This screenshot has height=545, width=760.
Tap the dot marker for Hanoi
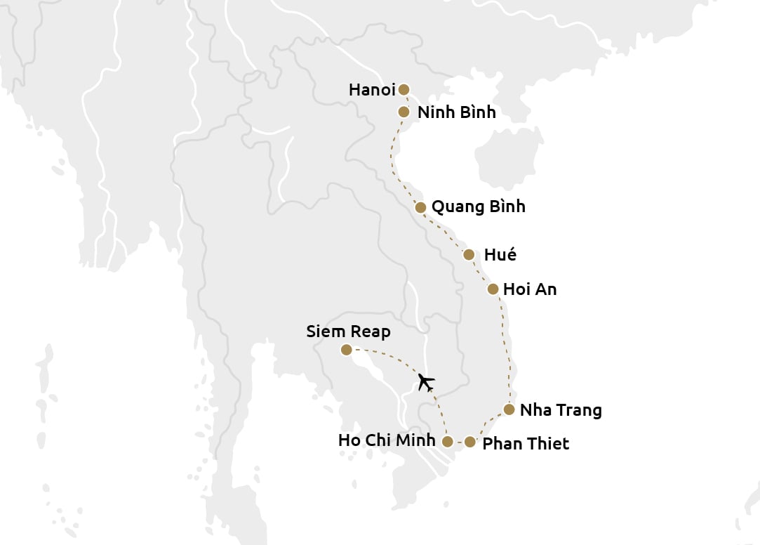click(x=404, y=89)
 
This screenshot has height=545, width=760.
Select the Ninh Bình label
click(x=456, y=112)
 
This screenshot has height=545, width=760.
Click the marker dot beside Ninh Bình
click(x=404, y=112)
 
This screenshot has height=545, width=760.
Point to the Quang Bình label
click(x=478, y=207)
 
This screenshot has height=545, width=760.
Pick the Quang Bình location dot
click(x=420, y=207)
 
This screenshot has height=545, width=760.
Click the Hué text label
click(x=500, y=255)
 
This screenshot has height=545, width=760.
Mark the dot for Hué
click(x=469, y=254)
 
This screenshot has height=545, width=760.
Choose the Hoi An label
click(x=530, y=289)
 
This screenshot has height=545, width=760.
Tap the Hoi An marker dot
click(x=493, y=289)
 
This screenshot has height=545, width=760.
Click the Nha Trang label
click(x=561, y=410)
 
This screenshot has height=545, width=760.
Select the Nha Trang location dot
click(x=509, y=409)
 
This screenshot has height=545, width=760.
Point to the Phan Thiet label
click(x=526, y=444)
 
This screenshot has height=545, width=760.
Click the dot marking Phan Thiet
click(x=470, y=442)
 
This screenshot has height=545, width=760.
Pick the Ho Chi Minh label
click(x=387, y=441)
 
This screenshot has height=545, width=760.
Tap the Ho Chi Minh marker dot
click(x=448, y=441)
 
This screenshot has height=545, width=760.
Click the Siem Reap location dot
click(x=346, y=350)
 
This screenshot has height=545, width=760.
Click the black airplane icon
click(x=425, y=382)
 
